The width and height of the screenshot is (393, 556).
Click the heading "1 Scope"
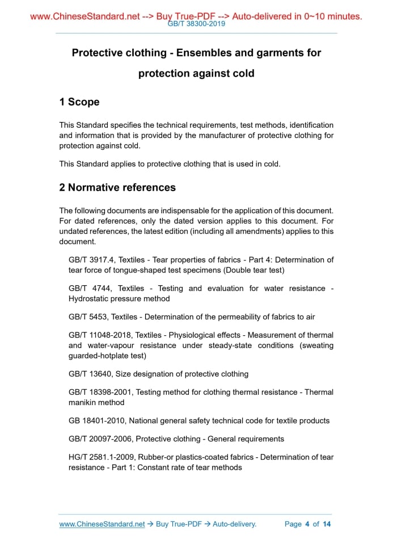pyautogui.click(x=79, y=102)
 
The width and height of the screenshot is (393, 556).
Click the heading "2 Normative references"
pyautogui.click(x=117, y=187)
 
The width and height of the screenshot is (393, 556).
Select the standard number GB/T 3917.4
pyautogui.click(x=88, y=260)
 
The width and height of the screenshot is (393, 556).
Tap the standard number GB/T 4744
pyautogui.click(x=87, y=288)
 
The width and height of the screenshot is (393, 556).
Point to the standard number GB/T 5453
pyautogui.click(x=87, y=317)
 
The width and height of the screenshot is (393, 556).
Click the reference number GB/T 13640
pyautogui.click(x=89, y=374)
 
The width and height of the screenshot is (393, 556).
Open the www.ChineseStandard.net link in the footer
pyautogui.click(x=102, y=524)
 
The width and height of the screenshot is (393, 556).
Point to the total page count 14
pyautogui.click(x=327, y=524)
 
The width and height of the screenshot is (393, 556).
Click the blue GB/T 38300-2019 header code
pyautogui.click(x=196, y=24)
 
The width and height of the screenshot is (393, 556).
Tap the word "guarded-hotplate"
pyautogui.click(x=100, y=356)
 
